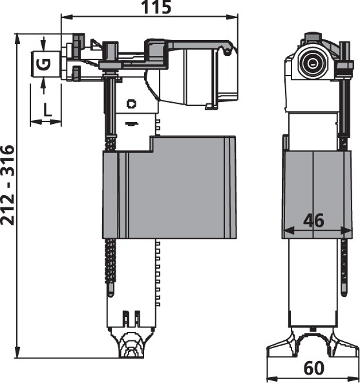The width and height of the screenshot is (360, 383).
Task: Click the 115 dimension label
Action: (x=156, y=7)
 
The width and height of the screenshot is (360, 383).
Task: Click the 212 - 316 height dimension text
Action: (x=7, y=185)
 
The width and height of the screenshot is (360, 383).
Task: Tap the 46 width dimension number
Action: (x=314, y=220)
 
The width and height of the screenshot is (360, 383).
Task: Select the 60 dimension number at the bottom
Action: (x=314, y=368)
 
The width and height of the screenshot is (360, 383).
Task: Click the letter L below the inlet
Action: (x=47, y=109)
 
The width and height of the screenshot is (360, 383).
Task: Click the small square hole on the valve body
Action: (x=131, y=104)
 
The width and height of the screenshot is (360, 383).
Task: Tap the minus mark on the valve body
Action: (x=132, y=124)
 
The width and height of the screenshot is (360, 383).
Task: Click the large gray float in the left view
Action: (x=169, y=187)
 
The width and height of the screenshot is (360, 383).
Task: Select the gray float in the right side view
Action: (x=317, y=195)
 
